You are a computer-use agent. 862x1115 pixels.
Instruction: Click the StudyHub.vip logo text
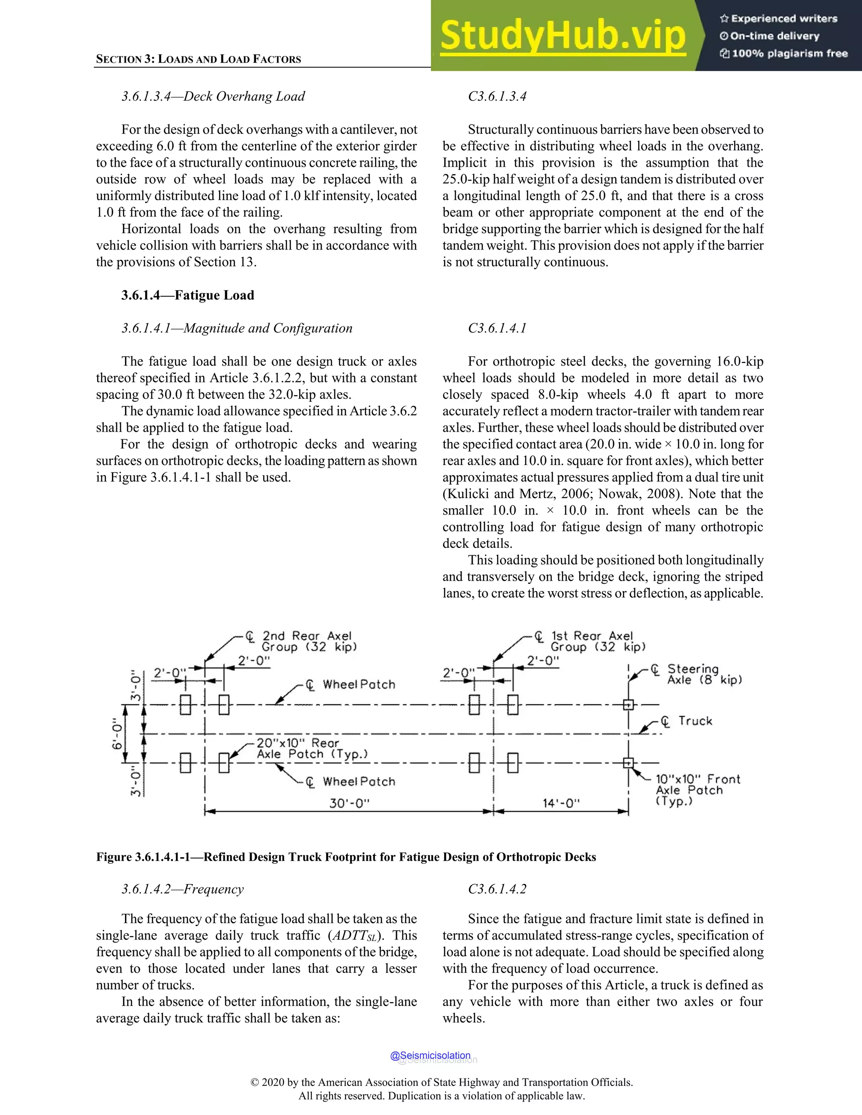click(x=562, y=36)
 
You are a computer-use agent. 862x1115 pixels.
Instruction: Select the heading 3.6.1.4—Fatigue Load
click(x=187, y=295)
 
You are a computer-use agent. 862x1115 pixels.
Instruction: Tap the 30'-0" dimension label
click(x=349, y=803)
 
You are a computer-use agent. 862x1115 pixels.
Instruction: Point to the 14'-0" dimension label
click(x=561, y=803)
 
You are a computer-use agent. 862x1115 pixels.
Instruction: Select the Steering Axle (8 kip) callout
click(x=703, y=674)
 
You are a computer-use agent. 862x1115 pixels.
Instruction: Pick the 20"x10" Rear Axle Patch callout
click(x=311, y=749)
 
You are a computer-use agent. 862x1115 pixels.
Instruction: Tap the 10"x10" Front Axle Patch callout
click(x=697, y=790)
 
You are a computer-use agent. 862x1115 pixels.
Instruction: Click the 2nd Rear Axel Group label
click(x=309, y=641)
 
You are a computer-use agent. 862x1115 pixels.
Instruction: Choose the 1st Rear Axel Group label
click(x=598, y=641)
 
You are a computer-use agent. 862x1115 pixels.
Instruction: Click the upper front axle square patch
click(x=629, y=704)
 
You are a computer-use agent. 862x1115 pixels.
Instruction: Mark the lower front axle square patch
click(x=629, y=763)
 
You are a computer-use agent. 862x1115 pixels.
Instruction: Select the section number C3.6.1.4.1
click(x=497, y=328)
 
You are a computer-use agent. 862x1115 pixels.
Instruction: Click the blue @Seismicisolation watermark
click(x=430, y=1055)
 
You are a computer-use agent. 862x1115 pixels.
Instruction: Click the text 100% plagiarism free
click(x=790, y=53)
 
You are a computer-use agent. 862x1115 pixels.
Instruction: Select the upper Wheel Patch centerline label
click(x=359, y=685)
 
